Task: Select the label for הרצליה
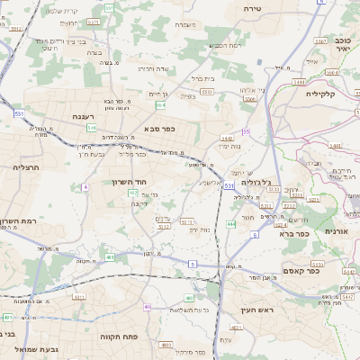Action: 24,167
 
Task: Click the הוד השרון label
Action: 129,182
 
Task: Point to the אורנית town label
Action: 336,231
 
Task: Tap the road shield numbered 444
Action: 231,222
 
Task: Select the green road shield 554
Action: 185,105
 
